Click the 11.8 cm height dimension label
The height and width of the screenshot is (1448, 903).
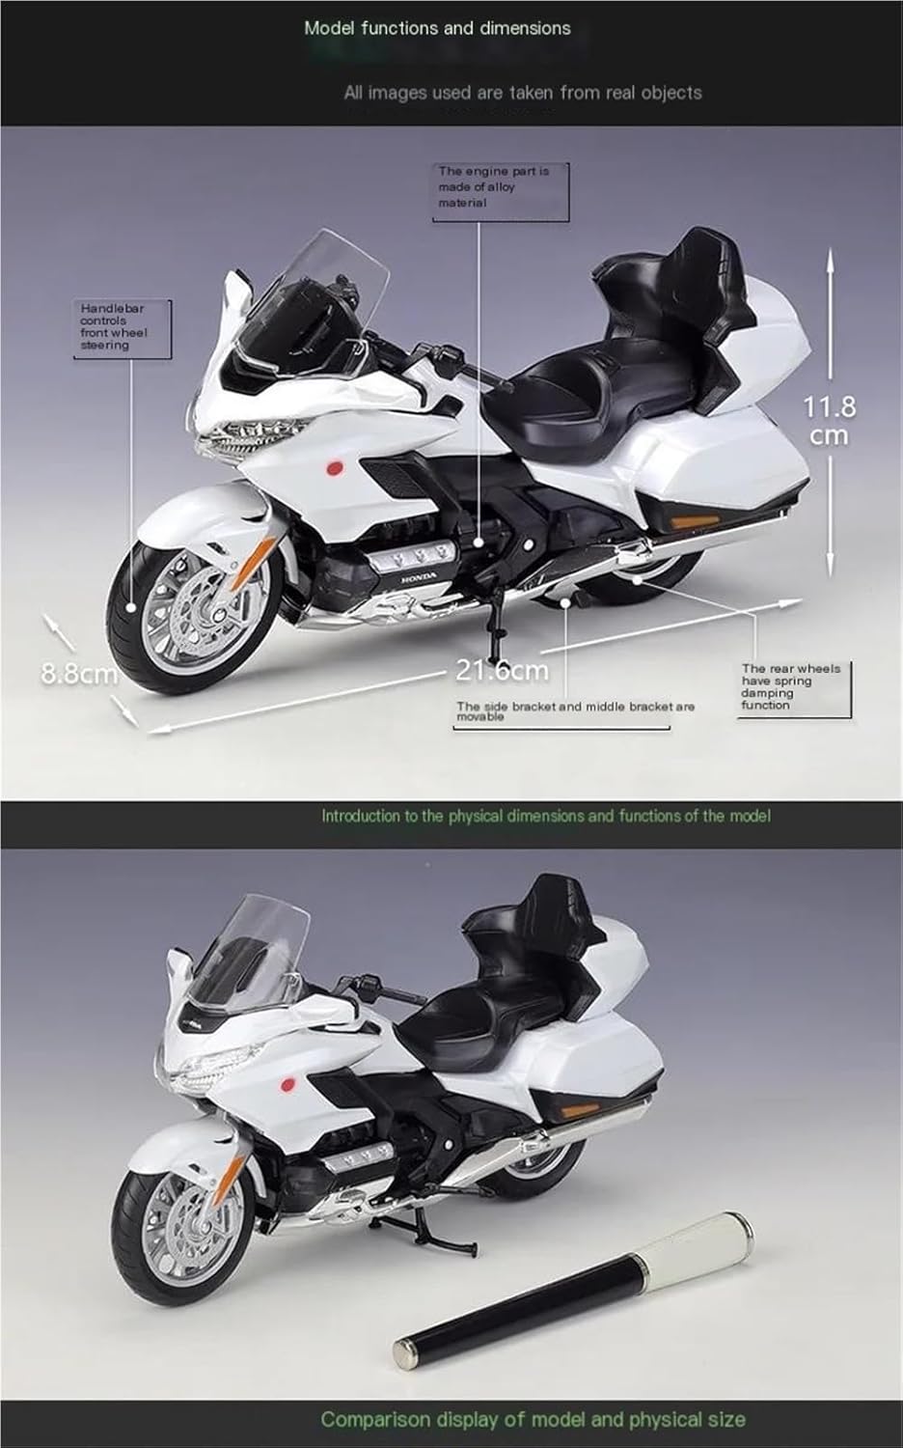(x=829, y=421)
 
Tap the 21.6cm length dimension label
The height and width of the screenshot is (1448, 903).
(x=502, y=669)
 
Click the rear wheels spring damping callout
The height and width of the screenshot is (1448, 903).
(x=790, y=686)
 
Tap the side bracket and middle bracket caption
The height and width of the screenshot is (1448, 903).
(x=575, y=710)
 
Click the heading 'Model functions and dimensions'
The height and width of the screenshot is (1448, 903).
(x=437, y=28)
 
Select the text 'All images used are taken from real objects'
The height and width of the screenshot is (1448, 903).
(x=522, y=93)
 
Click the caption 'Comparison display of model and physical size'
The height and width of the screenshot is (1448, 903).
(x=533, y=1419)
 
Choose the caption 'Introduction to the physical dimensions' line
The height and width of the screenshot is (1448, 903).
(x=546, y=816)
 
